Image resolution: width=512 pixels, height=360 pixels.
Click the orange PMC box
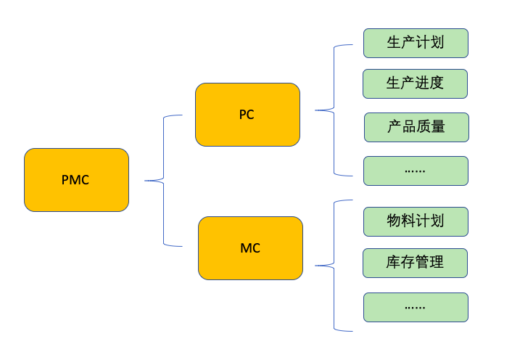(76, 180)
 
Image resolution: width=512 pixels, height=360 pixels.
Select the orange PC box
(247, 115)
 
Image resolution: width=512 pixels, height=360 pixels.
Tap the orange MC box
(250, 248)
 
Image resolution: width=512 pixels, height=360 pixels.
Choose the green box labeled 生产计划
(416, 43)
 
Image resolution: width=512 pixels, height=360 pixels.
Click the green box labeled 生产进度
(416, 83)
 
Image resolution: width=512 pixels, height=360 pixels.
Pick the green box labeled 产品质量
(416, 127)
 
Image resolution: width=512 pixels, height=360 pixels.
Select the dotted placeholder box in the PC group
(416, 171)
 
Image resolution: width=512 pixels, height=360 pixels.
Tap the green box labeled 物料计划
(416, 221)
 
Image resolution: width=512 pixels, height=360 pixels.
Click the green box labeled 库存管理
(416, 263)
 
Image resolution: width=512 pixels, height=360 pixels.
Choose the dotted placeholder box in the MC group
(416, 307)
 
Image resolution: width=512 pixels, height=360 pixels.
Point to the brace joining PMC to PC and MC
(164, 180)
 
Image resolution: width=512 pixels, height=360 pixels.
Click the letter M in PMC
(75, 180)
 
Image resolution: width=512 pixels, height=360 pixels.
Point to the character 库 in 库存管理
(394, 263)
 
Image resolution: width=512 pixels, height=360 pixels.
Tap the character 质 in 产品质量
(423, 127)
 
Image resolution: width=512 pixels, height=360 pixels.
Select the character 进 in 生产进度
(423, 83)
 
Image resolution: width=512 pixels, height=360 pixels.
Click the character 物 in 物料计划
(394, 221)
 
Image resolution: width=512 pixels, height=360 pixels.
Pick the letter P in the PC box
(243, 115)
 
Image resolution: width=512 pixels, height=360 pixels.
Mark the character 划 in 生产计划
(437, 43)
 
